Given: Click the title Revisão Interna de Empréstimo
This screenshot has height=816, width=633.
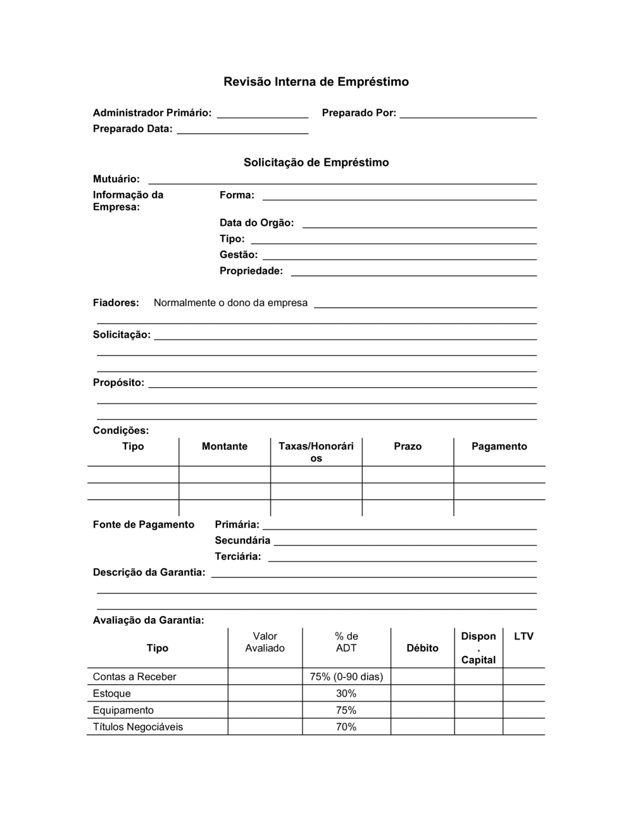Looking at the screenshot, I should coord(316,82).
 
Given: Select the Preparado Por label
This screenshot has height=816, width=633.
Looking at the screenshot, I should coord(358,113).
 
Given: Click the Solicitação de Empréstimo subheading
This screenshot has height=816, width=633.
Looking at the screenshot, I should coord(316,163).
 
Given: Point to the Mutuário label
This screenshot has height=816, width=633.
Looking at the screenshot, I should coord(116,179).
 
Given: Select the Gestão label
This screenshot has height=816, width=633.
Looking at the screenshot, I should coord(238,255).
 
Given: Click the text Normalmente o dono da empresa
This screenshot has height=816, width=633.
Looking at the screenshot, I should coord(230,303).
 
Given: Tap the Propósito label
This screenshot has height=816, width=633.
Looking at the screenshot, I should coord(118,383).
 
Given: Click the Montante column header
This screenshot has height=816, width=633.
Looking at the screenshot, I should coord(224,447).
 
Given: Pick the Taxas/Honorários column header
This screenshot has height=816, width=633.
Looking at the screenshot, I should coord(316,452).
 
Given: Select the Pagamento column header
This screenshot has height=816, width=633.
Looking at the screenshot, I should coord(499,447).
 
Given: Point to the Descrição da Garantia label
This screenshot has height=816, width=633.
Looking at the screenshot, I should coord(149,572).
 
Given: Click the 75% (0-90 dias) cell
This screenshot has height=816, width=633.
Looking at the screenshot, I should coord(346,677).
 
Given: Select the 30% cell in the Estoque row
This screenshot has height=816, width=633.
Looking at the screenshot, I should coord(346,693).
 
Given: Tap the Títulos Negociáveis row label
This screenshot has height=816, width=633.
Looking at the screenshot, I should coord(137,727).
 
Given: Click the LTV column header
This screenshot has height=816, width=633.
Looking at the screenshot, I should coord(523,636).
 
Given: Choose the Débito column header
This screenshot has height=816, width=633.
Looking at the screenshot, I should coord(422,648).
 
